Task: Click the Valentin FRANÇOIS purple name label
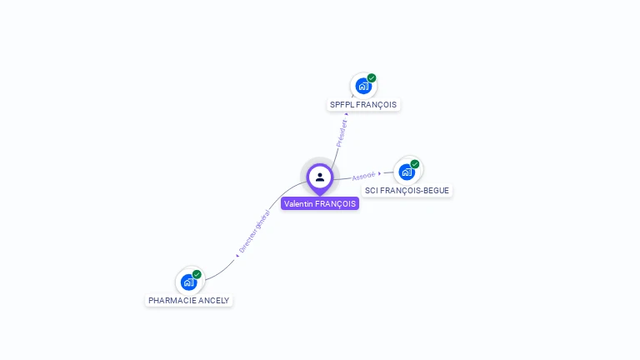(x=320, y=204)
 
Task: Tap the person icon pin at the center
(x=320, y=177)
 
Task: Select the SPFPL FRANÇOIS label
(x=363, y=105)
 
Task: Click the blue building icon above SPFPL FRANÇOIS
(x=363, y=86)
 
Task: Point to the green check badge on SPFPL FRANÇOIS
(x=372, y=78)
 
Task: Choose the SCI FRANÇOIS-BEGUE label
(x=407, y=191)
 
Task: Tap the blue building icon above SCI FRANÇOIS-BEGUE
(x=407, y=172)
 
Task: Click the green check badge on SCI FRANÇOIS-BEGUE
(x=415, y=164)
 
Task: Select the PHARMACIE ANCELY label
(x=188, y=300)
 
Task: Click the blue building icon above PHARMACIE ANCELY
(x=188, y=282)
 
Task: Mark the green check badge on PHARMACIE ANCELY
(x=197, y=274)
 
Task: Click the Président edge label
(x=342, y=132)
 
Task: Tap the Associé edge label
(x=364, y=176)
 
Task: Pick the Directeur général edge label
(x=255, y=231)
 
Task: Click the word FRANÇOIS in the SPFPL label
(x=376, y=105)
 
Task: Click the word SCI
(x=372, y=191)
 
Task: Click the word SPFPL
(x=342, y=105)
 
